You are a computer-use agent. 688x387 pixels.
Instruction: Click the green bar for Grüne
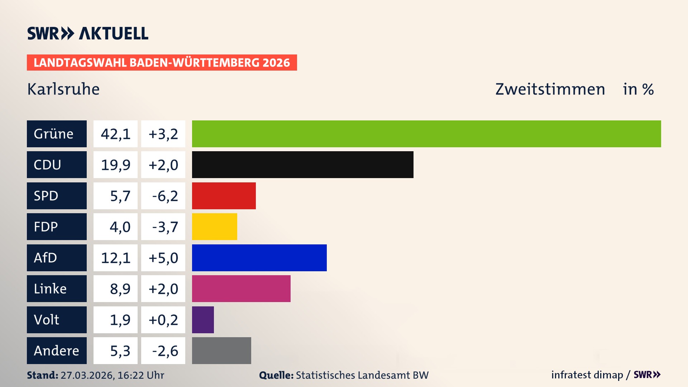pos(426,134)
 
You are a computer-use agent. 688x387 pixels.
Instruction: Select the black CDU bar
pos(303,164)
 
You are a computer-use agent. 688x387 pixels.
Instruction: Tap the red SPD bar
pos(224,196)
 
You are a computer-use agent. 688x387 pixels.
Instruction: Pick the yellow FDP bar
pos(215,226)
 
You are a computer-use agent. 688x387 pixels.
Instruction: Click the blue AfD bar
pos(259,258)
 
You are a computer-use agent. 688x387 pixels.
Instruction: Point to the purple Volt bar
pos(203,320)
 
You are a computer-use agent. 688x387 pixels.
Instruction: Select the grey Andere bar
pos(221,350)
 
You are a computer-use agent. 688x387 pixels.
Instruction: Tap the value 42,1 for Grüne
pos(115,134)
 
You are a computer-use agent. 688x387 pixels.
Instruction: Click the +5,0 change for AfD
pos(163,258)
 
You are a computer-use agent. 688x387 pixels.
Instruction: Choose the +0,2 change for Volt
pos(163,320)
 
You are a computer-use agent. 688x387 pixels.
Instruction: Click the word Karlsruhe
pos(63,89)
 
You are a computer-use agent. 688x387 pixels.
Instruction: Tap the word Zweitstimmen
pos(550,89)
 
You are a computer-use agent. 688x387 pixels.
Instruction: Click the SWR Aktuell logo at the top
pos(88,33)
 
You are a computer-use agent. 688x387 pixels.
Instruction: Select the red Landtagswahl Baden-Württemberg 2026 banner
pos(162,62)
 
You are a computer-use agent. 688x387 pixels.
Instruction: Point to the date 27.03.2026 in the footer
pos(87,375)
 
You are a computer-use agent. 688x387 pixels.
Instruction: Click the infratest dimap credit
pos(587,375)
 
